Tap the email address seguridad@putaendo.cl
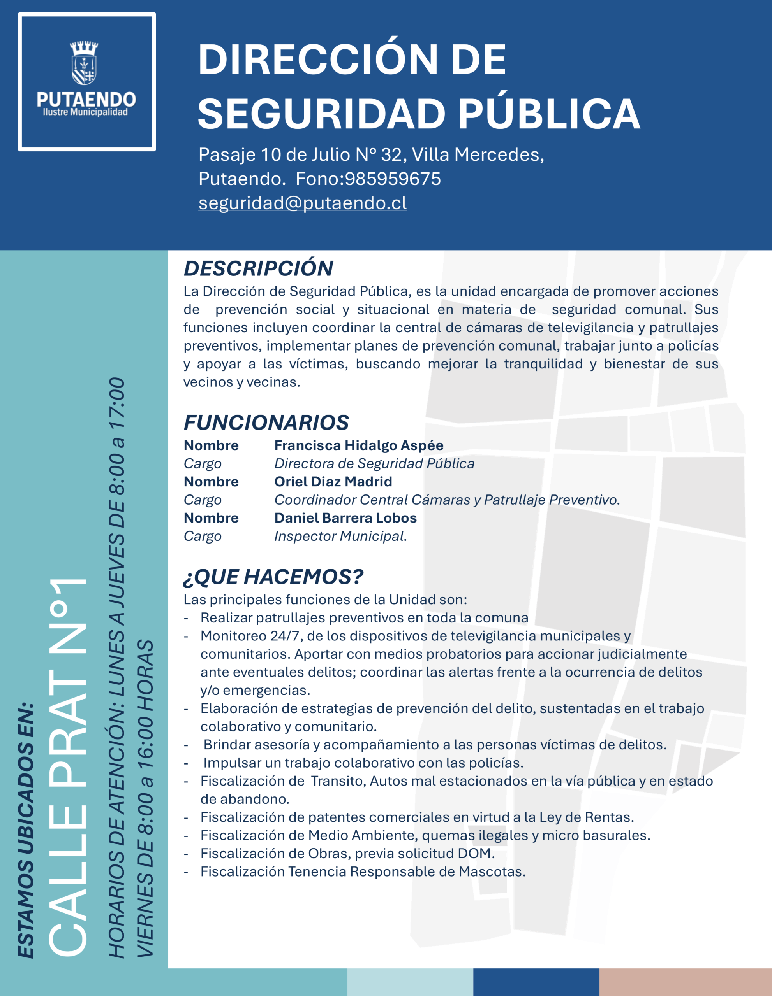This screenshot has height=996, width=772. pos(302,203)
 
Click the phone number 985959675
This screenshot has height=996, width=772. pos(393,179)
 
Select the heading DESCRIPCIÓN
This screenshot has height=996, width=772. pos(258,268)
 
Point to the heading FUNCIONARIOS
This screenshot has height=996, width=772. pos(266,423)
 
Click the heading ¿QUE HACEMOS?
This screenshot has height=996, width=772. pos(273,577)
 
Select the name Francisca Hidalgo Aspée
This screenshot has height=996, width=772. pos(359,445)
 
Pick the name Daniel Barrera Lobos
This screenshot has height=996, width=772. pos(345,518)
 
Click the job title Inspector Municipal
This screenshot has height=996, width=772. pos(340,536)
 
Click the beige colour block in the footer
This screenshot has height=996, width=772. pos(685,982)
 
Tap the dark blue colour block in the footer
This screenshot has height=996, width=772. pos(536,982)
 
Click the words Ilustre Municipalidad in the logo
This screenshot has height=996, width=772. pos(85,112)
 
